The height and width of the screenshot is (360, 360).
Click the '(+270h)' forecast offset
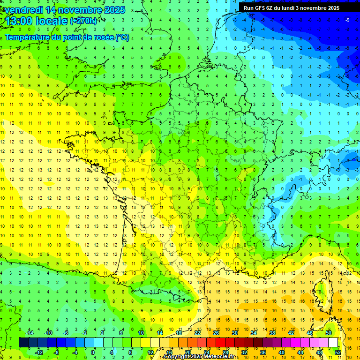pyautogui.click(x=83, y=21)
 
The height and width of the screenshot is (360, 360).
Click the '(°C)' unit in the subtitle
pyautogui.click(x=122, y=37)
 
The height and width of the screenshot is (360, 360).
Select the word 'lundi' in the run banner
pyautogui.click(x=292, y=8)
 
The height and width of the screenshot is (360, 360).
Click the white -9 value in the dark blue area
pyautogui.click(x=347, y=20)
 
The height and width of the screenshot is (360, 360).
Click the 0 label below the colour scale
pyautogui.click(x=92, y=352)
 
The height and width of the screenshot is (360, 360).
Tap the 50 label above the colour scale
pyautogui.click(x=329, y=332)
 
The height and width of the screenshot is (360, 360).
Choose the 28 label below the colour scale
pyautogui.click(x=225, y=352)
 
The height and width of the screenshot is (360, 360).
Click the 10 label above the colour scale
pyautogui.click(x=141, y=332)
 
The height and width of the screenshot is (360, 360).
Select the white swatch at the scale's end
pyautogui.click(x=333, y=342)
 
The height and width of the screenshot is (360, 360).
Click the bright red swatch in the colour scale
pyautogui.click(x=221, y=342)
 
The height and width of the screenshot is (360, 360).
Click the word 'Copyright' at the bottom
pyautogui.click(x=177, y=357)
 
